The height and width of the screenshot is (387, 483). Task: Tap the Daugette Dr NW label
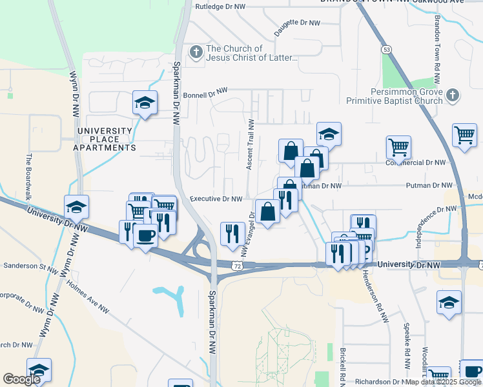(x=297, y=23)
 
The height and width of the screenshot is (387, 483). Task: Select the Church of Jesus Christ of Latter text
(x=251, y=53)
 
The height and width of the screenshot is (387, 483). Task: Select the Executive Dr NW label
(x=216, y=199)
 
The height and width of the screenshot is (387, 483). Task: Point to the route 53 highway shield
(x=386, y=49)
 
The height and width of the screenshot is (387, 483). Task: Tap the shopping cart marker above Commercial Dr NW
(x=398, y=147)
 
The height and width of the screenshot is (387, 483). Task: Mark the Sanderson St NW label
(x=31, y=266)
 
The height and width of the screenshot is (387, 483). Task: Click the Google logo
(x=21, y=379)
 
